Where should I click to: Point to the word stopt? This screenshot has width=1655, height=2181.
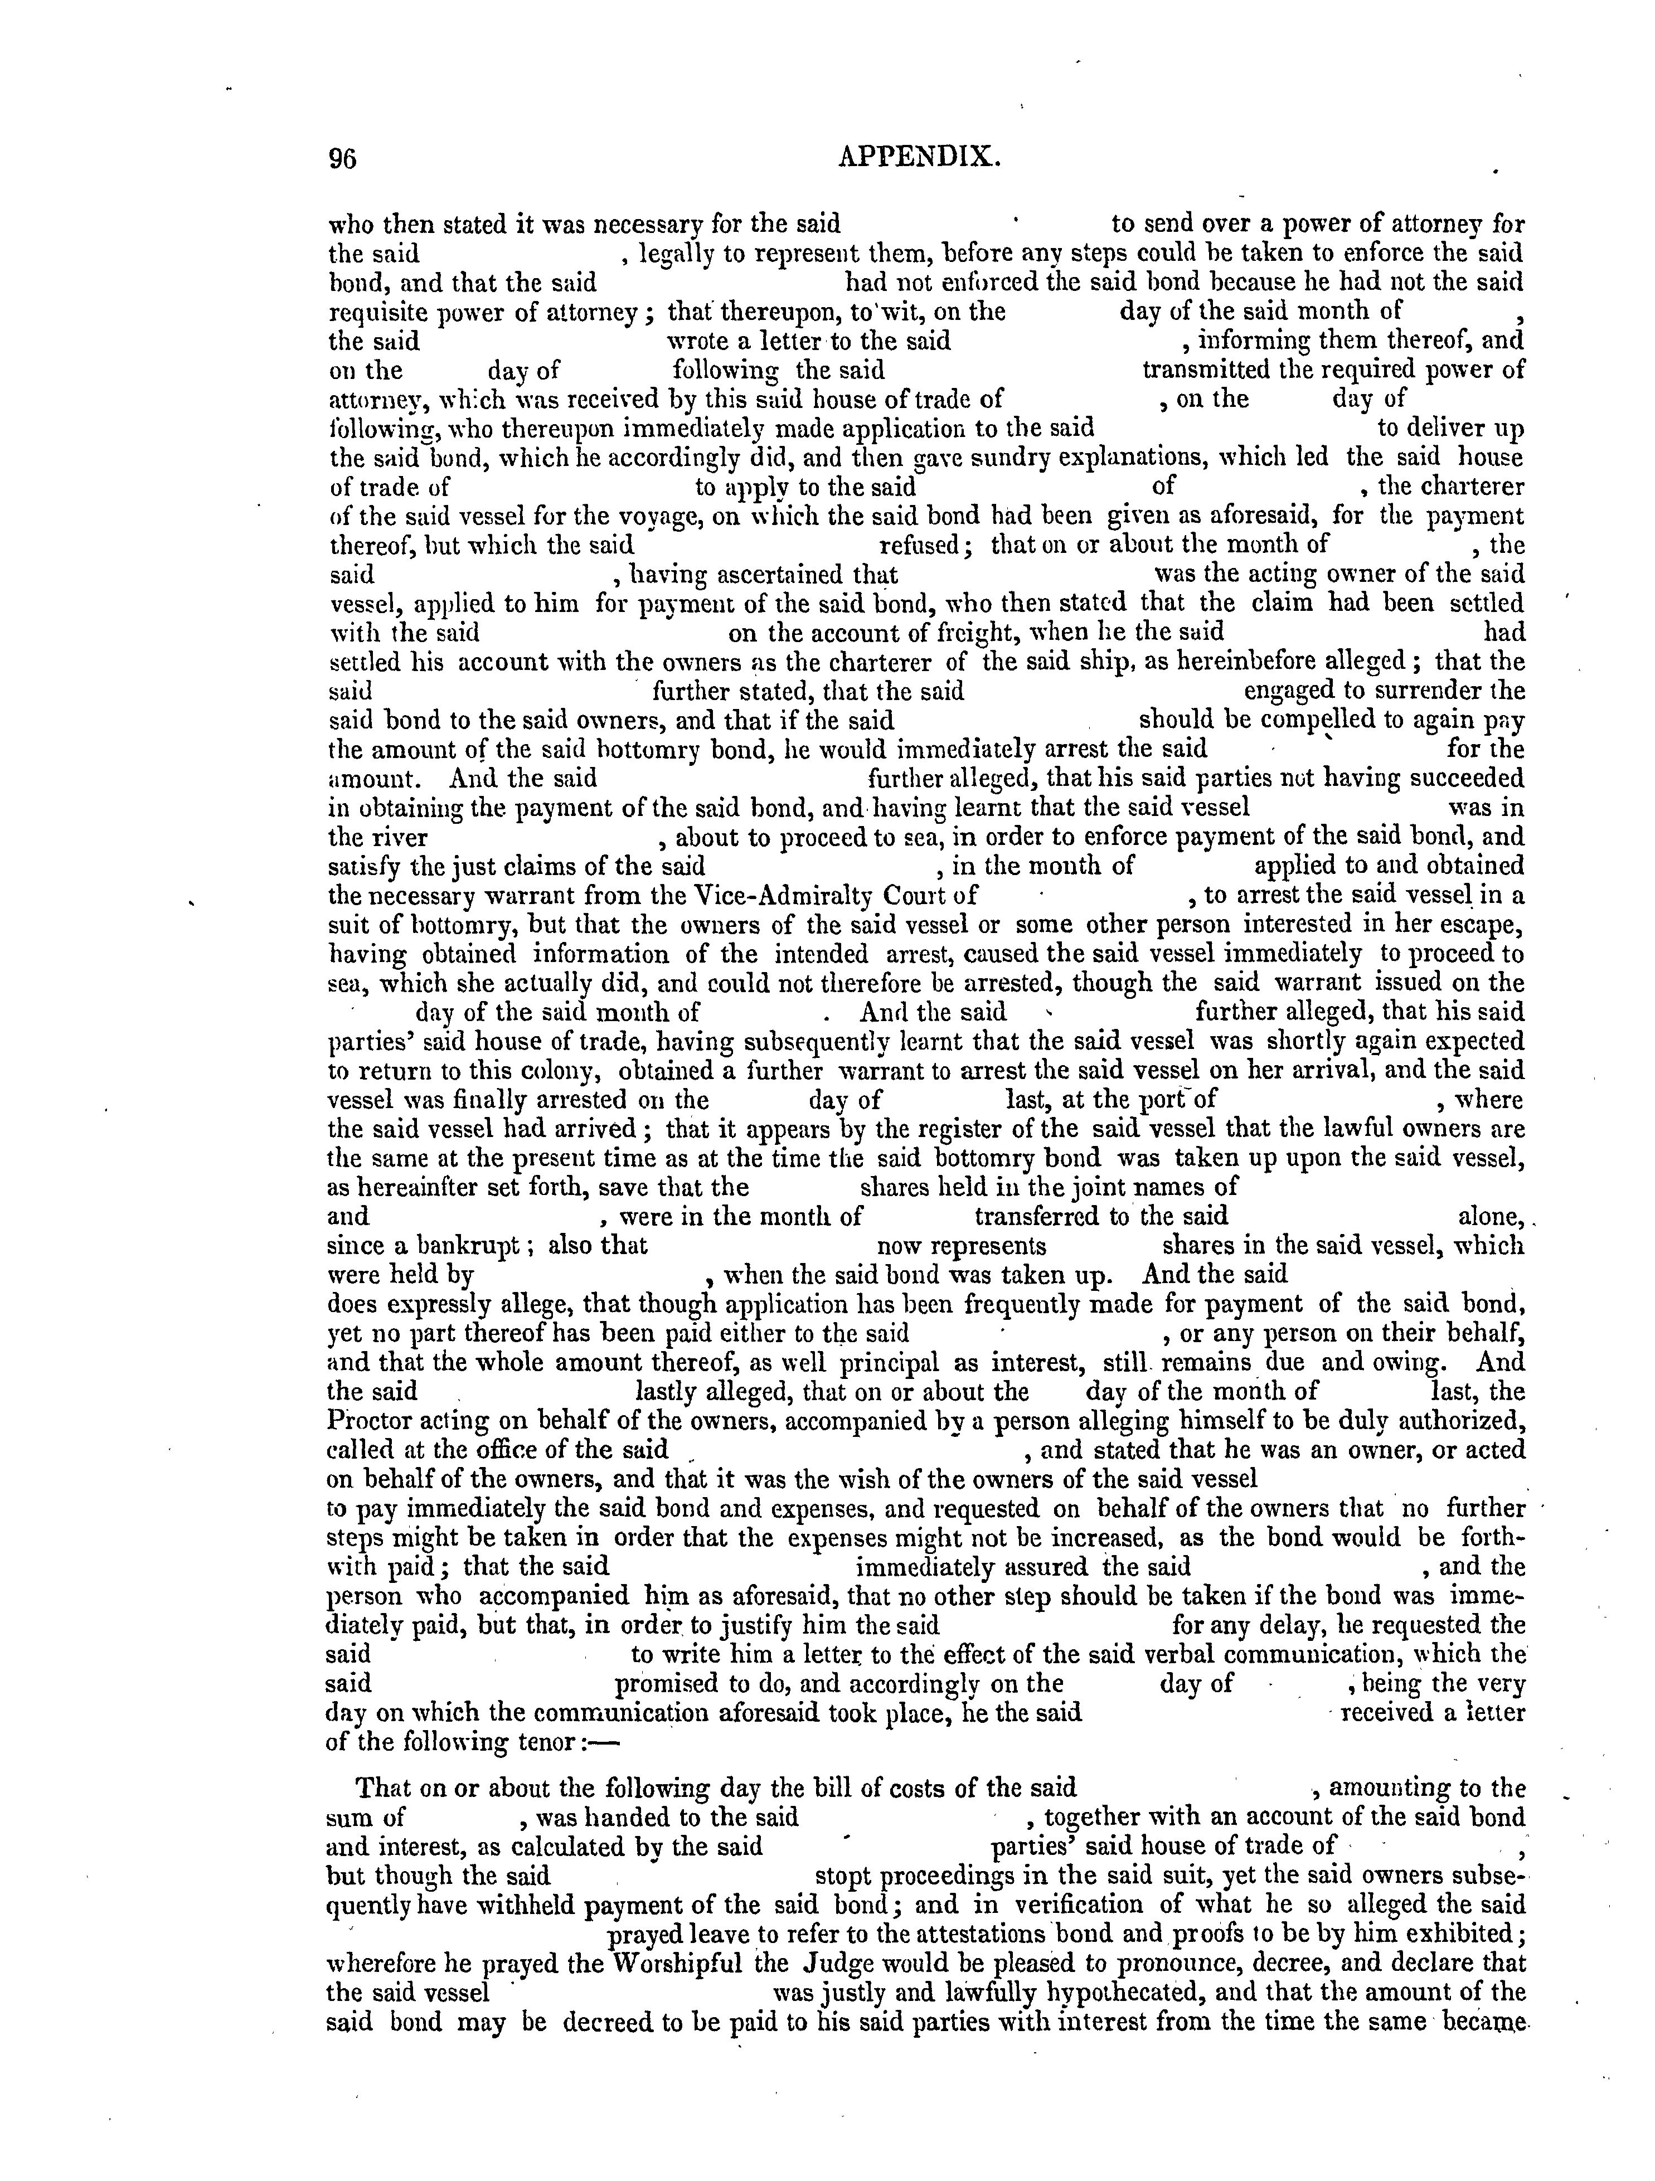[846, 1903]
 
